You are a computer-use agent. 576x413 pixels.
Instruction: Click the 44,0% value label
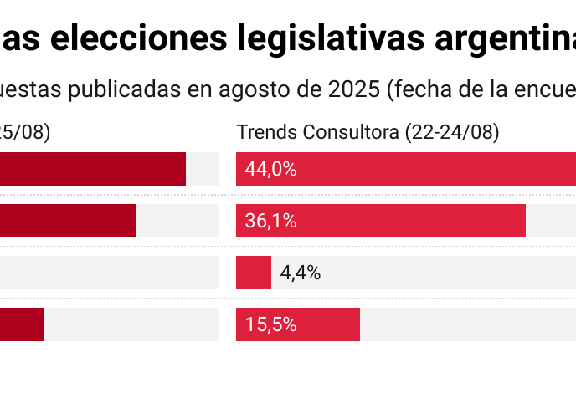[x=270, y=169]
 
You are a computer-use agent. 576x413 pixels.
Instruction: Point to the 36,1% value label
[x=270, y=221]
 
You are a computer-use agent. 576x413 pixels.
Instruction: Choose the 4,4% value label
[x=300, y=273]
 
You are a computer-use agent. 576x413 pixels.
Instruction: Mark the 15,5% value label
[x=270, y=324]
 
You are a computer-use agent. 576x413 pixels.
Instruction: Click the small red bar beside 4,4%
[x=254, y=273]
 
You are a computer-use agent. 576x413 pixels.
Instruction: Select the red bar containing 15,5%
[x=327, y=324]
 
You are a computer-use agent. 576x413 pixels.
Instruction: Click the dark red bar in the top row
[x=92, y=169]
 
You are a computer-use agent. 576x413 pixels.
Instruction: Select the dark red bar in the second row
[x=67, y=221]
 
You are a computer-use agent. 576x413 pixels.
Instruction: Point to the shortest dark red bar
[x=21, y=324]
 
